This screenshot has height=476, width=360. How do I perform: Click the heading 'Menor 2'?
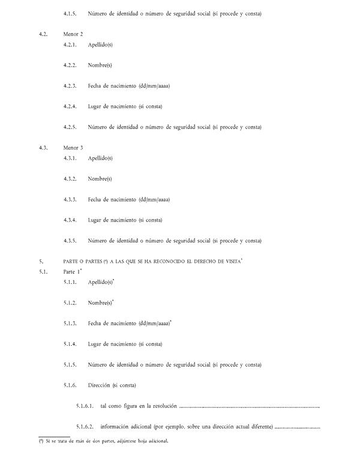click(73, 34)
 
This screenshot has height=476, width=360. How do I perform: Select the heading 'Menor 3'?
click(73, 148)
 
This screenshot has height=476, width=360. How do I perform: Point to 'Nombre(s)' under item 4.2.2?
click(100, 65)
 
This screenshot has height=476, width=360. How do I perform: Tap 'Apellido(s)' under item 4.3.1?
click(100, 158)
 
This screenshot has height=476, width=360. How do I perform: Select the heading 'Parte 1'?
click(73, 272)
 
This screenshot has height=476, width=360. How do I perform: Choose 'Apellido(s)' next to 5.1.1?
click(100, 282)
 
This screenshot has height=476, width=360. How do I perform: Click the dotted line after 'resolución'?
click(250, 408)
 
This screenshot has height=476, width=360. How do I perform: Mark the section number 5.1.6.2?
click(85, 427)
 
